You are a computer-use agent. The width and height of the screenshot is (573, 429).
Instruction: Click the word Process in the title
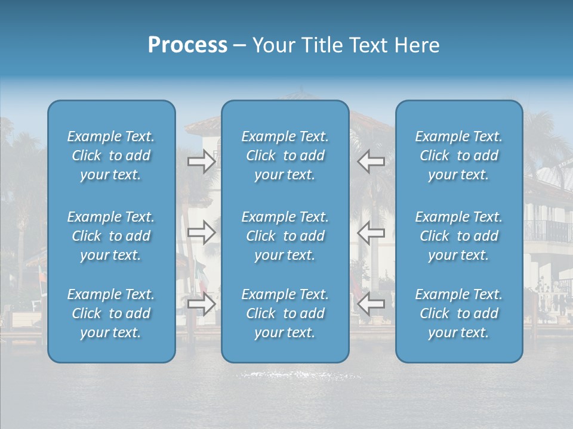pyautogui.click(x=187, y=45)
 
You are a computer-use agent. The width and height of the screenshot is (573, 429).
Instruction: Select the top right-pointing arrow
pyautogui.click(x=201, y=161)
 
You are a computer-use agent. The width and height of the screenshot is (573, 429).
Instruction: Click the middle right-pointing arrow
pyautogui.click(x=201, y=232)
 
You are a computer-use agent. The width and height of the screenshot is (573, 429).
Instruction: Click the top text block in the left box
pyautogui.click(x=111, y=156)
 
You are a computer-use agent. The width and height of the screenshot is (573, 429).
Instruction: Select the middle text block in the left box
pyautogui.click(x=111, y=236)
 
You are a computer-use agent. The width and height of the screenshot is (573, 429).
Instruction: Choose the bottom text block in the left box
pyautogui.click(x=111, y=313)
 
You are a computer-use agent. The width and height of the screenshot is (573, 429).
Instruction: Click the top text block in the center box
pyautogui.click(x=285, y=156)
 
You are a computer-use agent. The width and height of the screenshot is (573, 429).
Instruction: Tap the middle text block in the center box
pyautogui.click(x=285, y=236)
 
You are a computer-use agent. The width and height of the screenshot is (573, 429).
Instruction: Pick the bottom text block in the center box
pyautogui.click(x=285, y=313)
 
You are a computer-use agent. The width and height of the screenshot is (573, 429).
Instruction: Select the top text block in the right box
pyautogui.click(x=458, y=156)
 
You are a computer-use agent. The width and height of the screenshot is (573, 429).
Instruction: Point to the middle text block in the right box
pyautogui.click(x=458, y=236)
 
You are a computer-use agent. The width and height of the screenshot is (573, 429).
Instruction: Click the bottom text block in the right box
pyautogui.click(x=458, y=313)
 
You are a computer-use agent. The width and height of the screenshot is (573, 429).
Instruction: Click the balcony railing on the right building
pyautogui.click(x=548, y=231)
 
